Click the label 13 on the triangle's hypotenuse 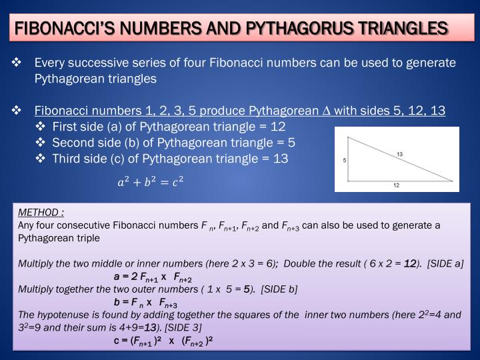click(399, 154)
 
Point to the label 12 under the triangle click(396, 185)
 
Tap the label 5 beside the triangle click(345, 161)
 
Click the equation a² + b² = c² click(150, 181)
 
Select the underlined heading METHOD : click(41, 213)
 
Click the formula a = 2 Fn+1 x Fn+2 click(153, 277)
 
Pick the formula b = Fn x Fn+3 click(145, 303)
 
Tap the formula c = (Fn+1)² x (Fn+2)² click(163, 341)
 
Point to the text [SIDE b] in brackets click(279, 289)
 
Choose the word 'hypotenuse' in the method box click(60, 315)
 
